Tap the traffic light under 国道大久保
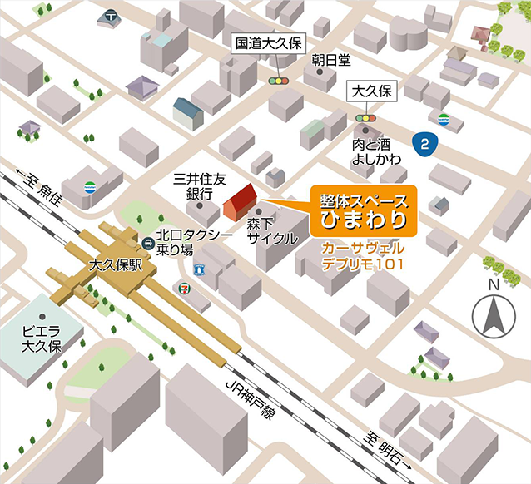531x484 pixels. pos(275,81)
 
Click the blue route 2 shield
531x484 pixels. pos(426,145)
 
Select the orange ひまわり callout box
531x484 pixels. pos(364,211)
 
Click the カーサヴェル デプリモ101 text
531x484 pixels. pos(363,256)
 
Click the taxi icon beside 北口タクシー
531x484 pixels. pos(147,243)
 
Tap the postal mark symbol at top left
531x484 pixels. pos(112,16)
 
